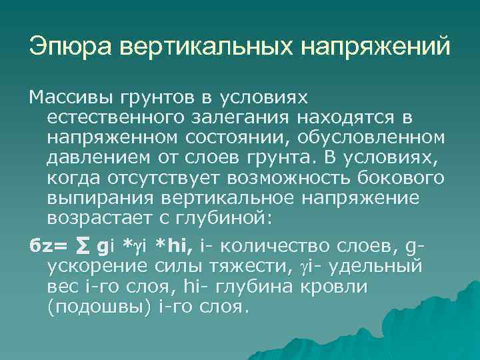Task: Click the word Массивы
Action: pos(70,98)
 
